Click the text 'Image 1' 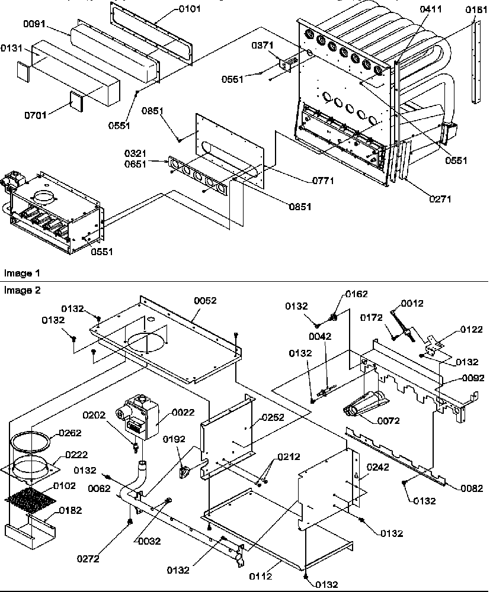pos(21,274)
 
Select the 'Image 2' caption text pos(21,290)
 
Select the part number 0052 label pos(204,301)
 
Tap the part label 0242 pos(378,466)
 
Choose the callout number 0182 pos(69,510)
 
